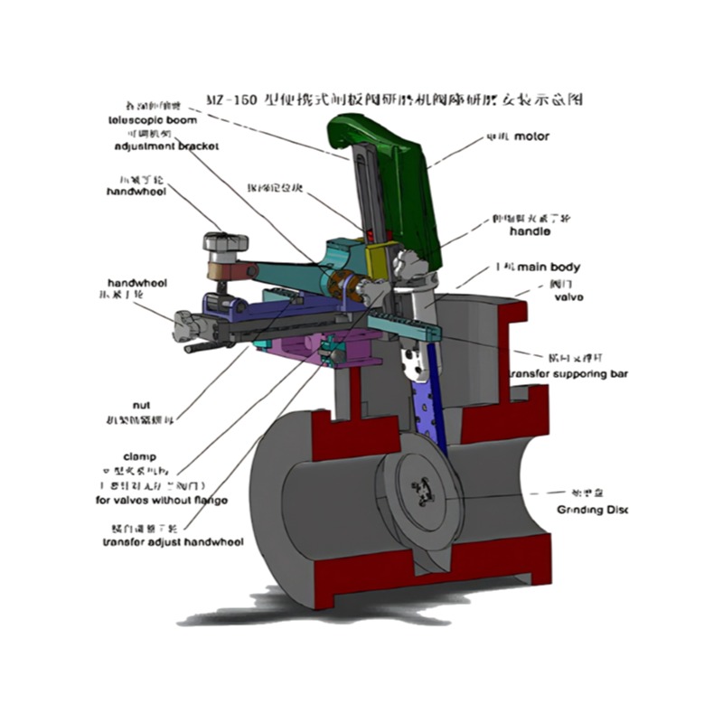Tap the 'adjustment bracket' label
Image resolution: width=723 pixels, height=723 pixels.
[166, 146]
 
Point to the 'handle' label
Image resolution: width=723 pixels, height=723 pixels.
[531, 232]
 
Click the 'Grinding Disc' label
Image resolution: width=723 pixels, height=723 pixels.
[592, 510]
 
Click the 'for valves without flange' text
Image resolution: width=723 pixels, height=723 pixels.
[161, 500]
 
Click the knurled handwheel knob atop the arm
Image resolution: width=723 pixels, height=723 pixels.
[225, 243]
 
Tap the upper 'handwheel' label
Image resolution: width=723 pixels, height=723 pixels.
[136, 192]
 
